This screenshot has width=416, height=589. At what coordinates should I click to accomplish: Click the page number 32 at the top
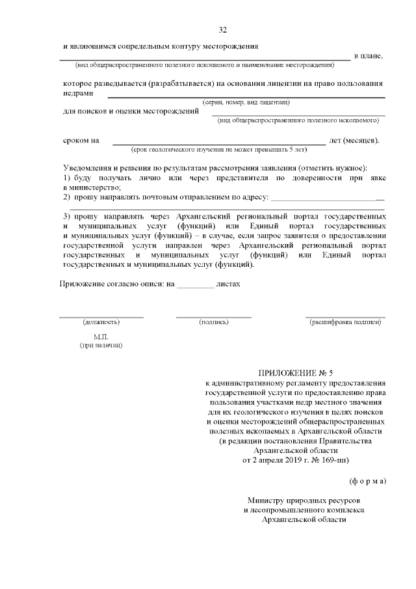(x=223, y=30)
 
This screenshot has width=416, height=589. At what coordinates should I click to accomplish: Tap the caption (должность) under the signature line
(x=101, y=322)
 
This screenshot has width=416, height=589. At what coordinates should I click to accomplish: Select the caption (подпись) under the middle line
(x=214, y=322)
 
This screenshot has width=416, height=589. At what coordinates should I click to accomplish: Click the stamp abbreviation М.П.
(x=101, y=337)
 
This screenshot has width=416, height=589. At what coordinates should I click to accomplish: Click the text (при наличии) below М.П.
(x=101, y=346)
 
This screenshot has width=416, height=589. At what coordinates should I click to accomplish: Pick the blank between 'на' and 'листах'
(x=195, y=286)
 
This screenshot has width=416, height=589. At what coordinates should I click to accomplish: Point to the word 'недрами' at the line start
(x=78, y=93)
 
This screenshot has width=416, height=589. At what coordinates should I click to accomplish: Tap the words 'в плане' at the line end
(x=369, y=56)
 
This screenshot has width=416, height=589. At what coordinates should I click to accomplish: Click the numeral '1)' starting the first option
(x=66, y=178)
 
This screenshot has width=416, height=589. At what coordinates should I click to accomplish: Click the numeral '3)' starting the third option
(x=66, y=216)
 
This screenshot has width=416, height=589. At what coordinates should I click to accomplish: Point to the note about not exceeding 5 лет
(x=218, y=149)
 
